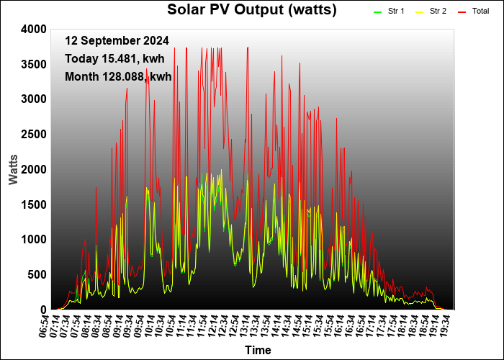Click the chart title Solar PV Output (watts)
click(x=252, y=9)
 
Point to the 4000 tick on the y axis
click(x=34, y=30)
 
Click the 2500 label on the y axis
click(x=34, y=135)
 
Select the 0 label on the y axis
click(x=44, y=310)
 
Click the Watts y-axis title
click(x=13, y=169)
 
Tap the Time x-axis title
click(x=258, y=350)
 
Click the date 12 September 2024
click(x=117, y=41)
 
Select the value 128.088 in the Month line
click(x=125, y=77)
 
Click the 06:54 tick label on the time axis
click(x=45, y=325)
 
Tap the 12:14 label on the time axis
click(x=212, y=325)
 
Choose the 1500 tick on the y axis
click(x=34, y=204)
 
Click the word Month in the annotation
click(x=81, y=77)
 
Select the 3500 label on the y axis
click(x=34, y=65)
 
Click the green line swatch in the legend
click(x=377, y=12)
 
